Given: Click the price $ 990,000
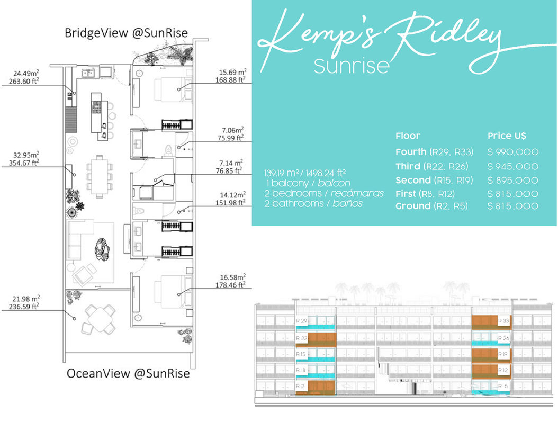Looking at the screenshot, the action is [x=512, y=152].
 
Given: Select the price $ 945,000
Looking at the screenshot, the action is [x=512, y=167].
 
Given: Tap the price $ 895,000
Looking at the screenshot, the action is [x=512, y=181].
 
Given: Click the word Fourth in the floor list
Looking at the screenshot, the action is [x=410, y=152].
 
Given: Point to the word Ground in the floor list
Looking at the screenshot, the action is [x=413, y=206].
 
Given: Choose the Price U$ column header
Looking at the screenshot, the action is [x=507, y=136].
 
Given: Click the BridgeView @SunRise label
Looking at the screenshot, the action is [x=126, y=33].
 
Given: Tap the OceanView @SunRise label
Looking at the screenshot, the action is [x=128, y=373].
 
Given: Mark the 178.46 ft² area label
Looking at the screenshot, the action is [x=232, y=284].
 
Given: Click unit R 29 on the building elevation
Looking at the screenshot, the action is [x=302, y=321].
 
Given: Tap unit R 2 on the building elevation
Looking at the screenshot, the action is [x=301, y=387].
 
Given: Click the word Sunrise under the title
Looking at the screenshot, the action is [x=352, y=66].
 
